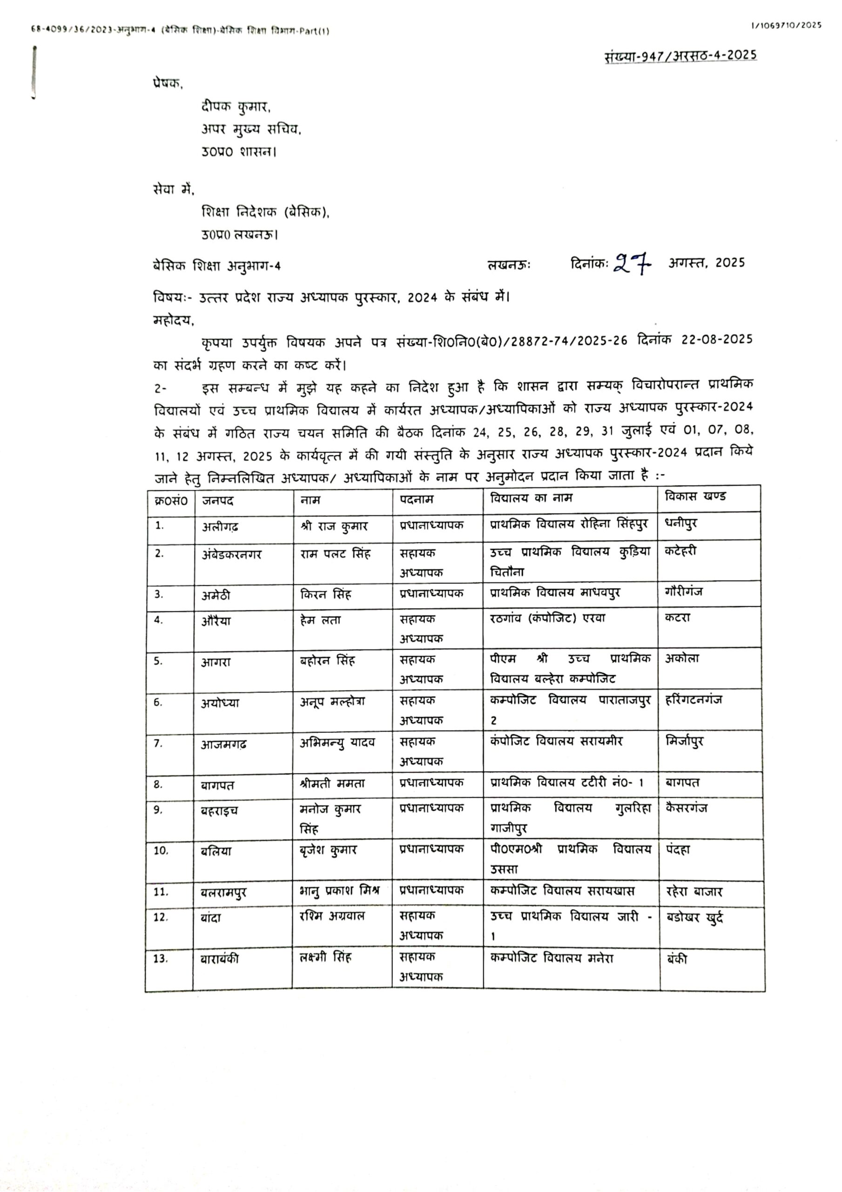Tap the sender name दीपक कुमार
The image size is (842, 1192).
pos(236,107)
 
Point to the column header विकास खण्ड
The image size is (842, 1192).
pos(695,496)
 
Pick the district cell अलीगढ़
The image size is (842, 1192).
pos(220,527)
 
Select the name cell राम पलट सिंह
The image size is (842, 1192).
pos(335,554)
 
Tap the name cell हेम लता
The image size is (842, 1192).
pos(320,620)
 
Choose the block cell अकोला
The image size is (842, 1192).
pos(682,658)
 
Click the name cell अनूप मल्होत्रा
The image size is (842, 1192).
pos(332,702)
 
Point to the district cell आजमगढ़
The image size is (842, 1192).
pos(224,745)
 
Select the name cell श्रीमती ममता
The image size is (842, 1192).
pos(332,784)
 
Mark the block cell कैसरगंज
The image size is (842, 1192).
pos(686,808)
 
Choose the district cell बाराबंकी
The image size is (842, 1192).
pos(220,958)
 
